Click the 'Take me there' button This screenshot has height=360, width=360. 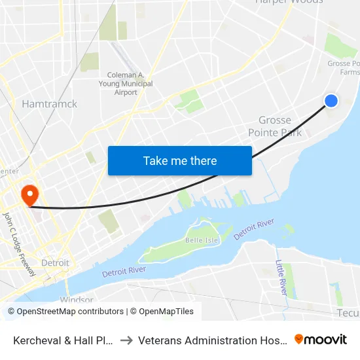[180, 160]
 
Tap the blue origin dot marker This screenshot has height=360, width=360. [331, 100]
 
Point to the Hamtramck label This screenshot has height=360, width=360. [49, 104]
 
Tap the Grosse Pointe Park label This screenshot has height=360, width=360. [275, 126]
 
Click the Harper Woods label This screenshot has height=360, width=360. [289, 2]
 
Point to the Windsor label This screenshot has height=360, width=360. [77, 300]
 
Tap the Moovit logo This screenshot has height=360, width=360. [321, 340]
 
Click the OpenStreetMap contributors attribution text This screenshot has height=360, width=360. [65, 312]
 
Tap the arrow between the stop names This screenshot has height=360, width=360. [126, 340]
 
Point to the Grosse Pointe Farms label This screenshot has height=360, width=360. [344, 68]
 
